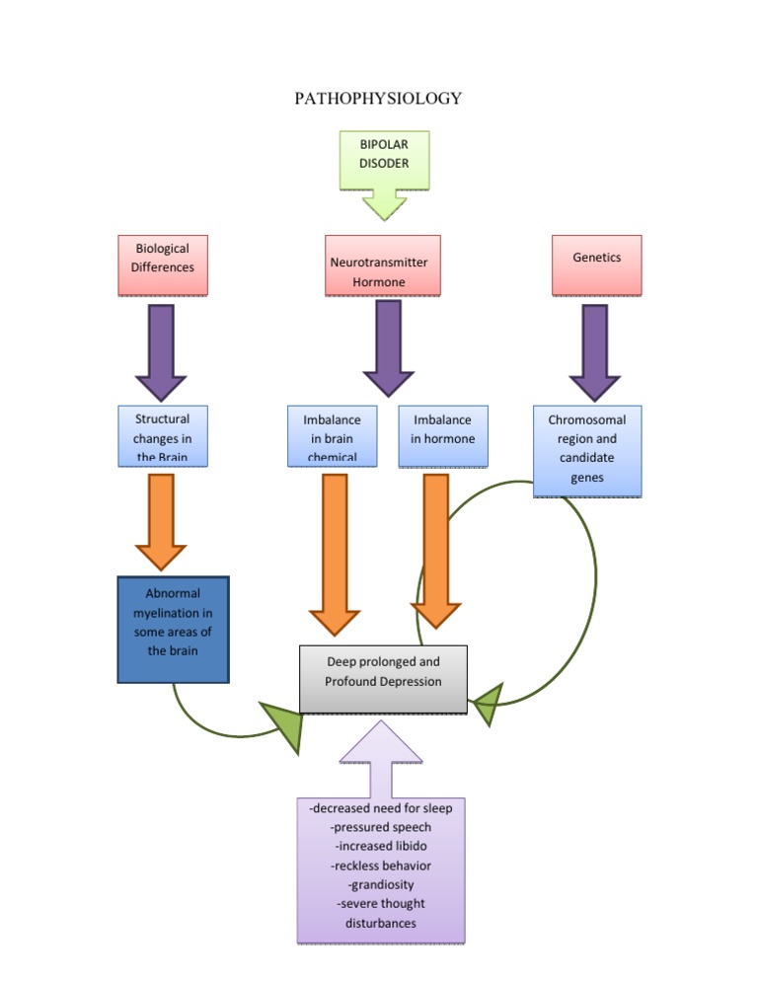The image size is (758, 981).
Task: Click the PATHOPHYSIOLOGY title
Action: pos(378,99)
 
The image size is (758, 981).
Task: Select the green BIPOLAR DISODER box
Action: pos(384,158)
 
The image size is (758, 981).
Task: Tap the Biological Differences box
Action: pos(163,264)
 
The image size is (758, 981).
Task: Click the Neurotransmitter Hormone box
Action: pos(383,265)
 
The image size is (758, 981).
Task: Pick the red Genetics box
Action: pos(596,264)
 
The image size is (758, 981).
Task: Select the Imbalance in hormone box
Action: pos(442,435)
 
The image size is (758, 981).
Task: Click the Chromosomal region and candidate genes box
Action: pos(586,450)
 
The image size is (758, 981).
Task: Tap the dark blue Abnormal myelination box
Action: pos(173,630)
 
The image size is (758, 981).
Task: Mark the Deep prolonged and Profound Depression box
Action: pos(383,679)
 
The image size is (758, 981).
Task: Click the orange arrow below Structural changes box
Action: pos(161,523)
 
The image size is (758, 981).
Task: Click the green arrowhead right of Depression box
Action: pos(488,704)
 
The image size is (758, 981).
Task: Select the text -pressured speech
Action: pos(381,827)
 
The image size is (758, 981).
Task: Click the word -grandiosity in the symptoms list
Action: pos(381,884)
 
